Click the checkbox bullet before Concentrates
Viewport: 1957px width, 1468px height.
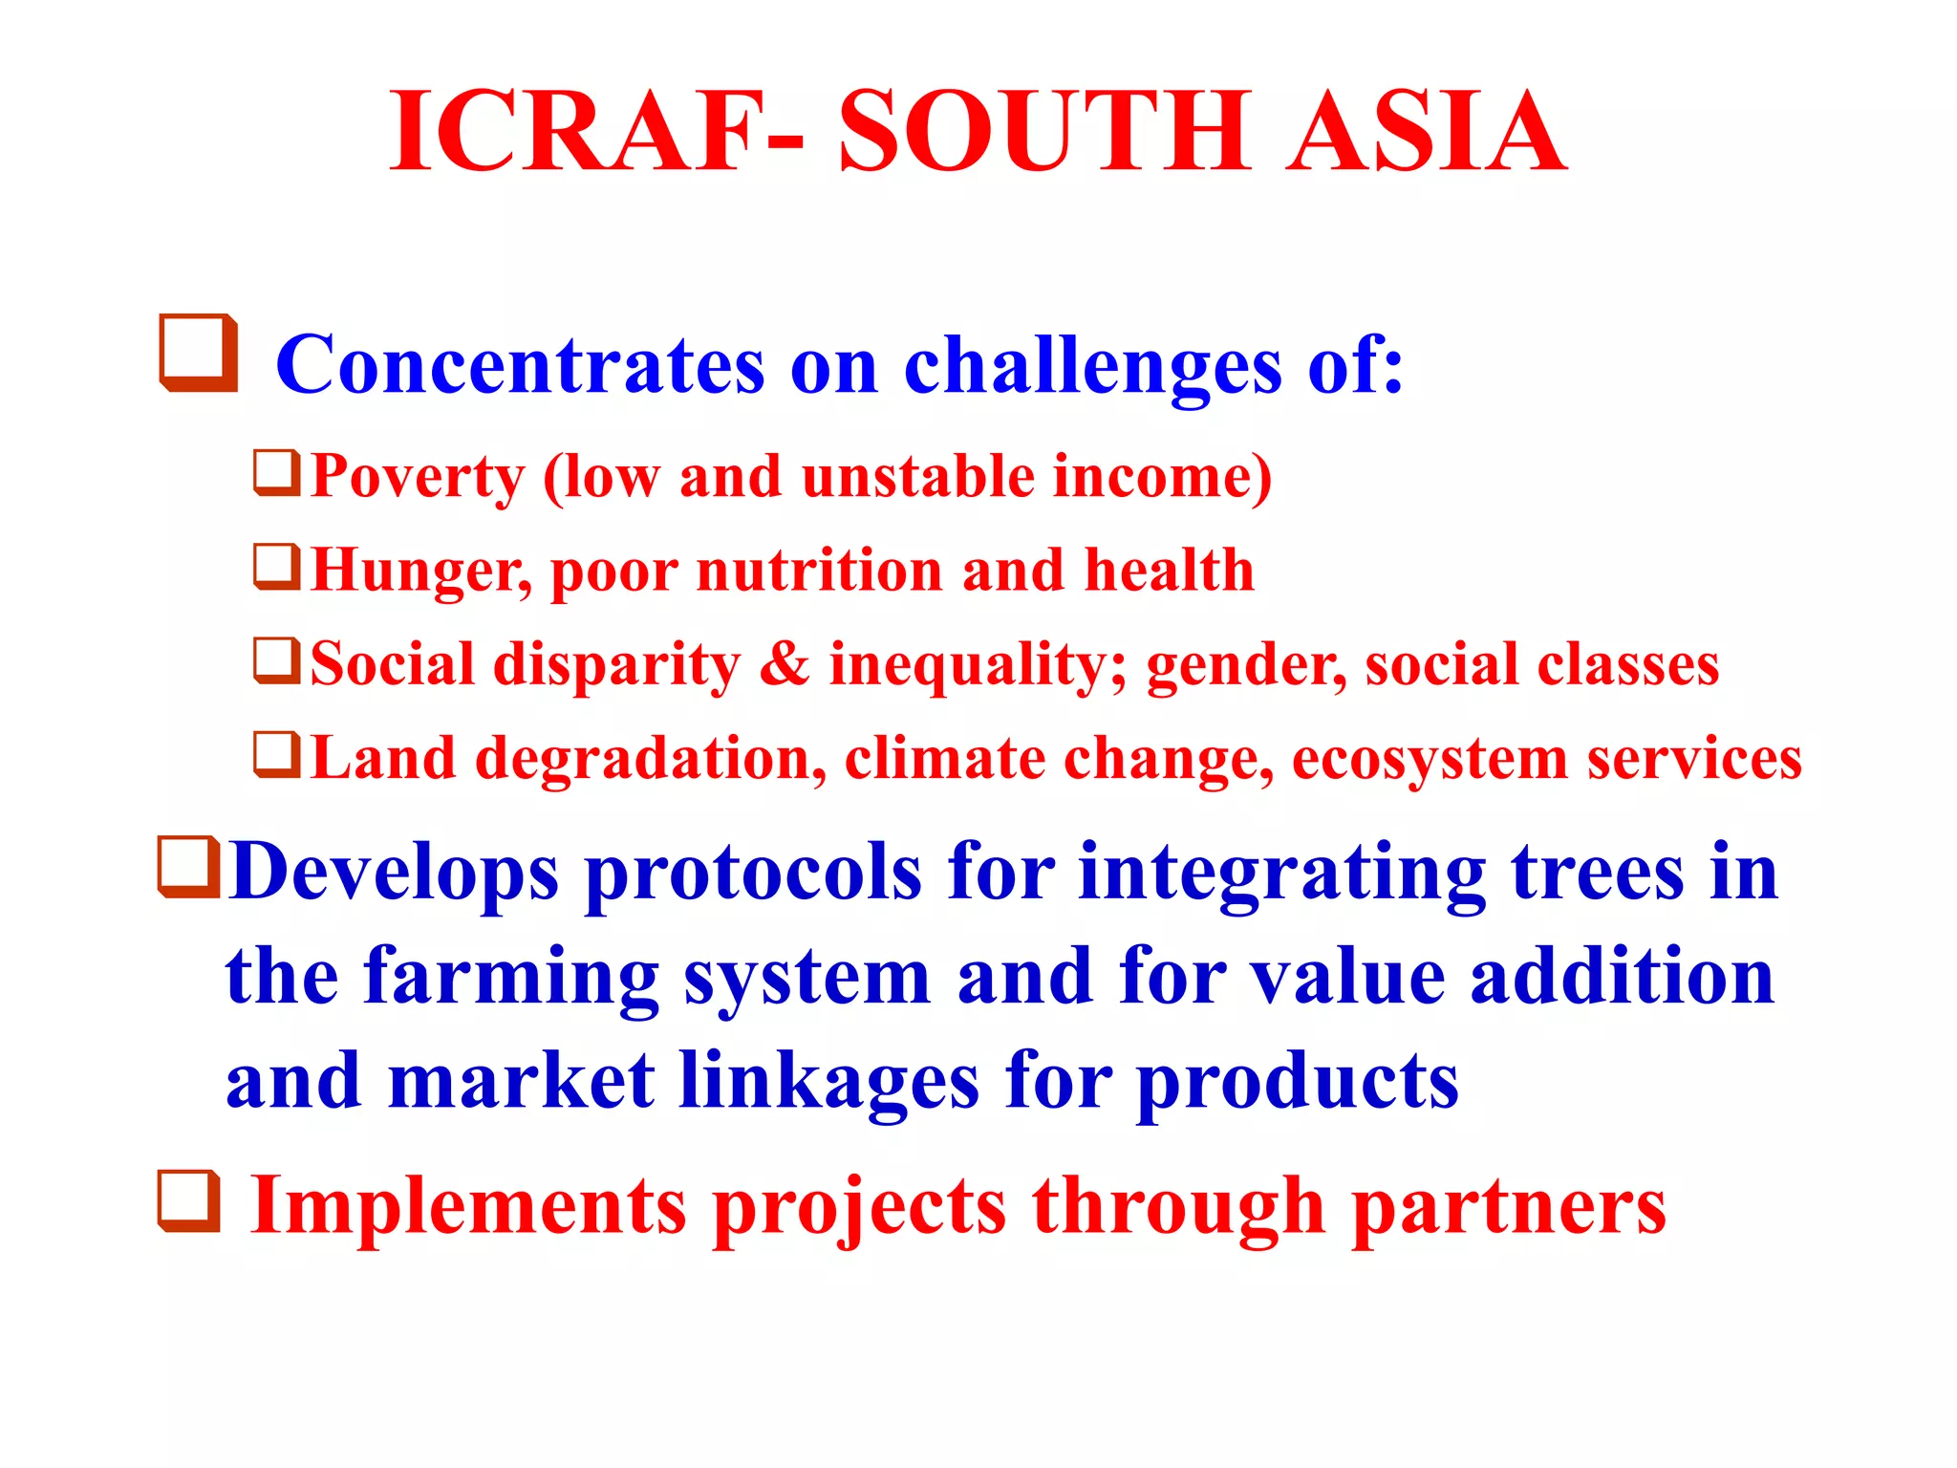pyautogui.click(x=199, y=353)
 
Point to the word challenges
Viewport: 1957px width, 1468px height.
pyautogui.click(x=1092, y=367)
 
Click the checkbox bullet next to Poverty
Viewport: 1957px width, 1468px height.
pyautogui.click(x=277, y=473)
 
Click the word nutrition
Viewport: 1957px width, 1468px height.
pyautogui.click(x=820, y=571)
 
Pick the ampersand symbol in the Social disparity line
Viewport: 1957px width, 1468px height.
pyautogui.click(x=784, y=663)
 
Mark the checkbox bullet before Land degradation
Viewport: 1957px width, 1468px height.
pyautogui.click(x=277, y=754)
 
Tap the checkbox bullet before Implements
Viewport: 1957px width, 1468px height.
pyautogui.click(x=188, y=1200)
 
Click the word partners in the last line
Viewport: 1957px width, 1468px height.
pyautogui.click(x=1509, y=1209)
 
